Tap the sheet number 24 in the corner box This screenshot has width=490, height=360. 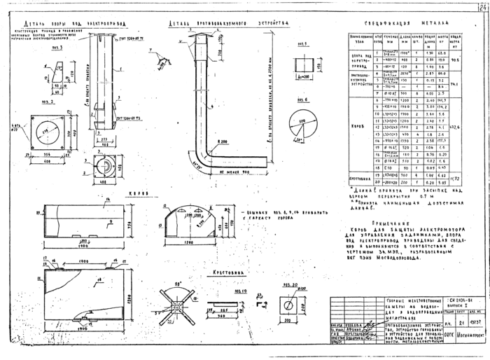coord(482,7)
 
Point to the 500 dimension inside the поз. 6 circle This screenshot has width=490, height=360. coord(302,123)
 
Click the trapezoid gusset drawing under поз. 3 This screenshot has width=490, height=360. coord(55,71)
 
